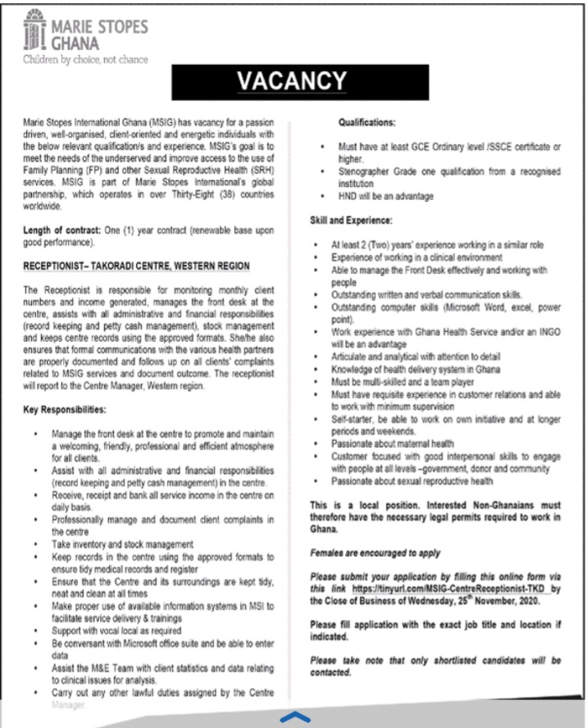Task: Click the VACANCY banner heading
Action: (293, 81)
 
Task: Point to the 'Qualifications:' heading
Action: (367, 123)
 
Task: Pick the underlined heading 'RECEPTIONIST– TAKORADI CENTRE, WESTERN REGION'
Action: (136, 267)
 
